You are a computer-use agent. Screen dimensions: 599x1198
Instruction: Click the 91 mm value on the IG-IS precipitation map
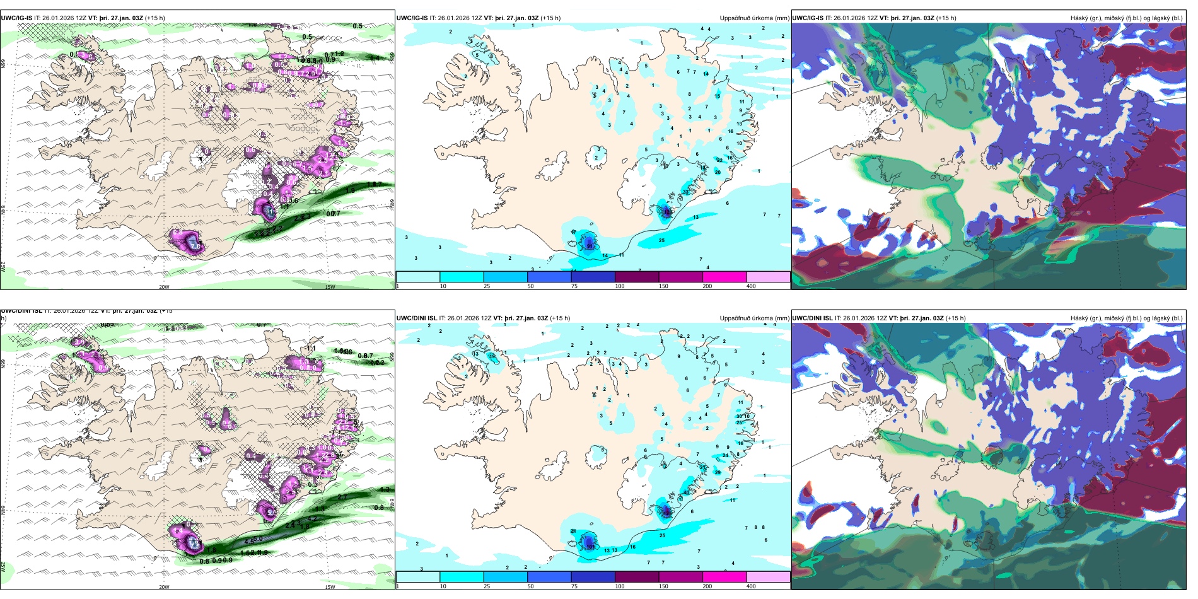(x=590, y=245)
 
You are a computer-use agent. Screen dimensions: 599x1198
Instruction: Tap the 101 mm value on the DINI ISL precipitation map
(x=591, y=547)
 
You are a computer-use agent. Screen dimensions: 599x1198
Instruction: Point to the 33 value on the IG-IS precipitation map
(x=686, y=192)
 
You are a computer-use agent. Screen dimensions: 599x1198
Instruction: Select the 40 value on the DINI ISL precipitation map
(x=686, y=492)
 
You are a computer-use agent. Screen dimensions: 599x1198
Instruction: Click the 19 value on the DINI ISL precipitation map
(x=492, y=356)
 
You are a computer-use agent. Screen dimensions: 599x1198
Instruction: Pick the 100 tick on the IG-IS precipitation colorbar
(x=620, y=286)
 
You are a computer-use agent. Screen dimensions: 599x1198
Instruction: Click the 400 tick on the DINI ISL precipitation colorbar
(x=751, y=586)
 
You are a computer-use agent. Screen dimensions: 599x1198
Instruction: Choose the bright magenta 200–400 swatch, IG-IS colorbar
(x=724, y=277)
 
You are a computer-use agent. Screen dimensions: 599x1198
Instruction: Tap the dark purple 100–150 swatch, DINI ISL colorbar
(x=637, y=577)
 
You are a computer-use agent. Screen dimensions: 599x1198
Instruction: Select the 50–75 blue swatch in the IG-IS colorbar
(x=549, y=277)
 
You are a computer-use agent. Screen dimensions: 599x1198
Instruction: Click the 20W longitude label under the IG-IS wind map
(x=164, y=287)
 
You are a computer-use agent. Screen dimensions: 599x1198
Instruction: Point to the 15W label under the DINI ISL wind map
(x=330, y=587)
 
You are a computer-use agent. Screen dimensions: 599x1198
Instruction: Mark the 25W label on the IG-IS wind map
(x=3, y=267)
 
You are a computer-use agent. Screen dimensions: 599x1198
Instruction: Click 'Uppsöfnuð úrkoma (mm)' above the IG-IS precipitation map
(x=754, y=18)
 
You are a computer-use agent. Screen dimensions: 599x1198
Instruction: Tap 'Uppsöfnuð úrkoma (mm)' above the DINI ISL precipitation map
(x=754, y=318)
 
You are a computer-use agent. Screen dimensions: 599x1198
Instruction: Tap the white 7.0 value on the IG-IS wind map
(x=195, y=247)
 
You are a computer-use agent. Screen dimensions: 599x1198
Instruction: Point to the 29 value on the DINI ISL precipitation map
(x=718, y=472)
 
